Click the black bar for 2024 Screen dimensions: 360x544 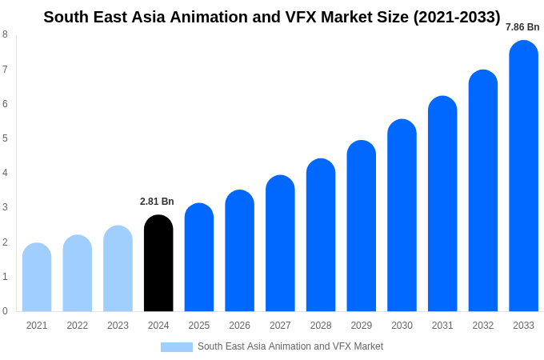tap(158, 264)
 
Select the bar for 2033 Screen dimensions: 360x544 tap(523, 176)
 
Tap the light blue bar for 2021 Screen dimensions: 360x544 tap(37, 278)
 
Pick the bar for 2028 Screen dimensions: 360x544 tap(321, 235)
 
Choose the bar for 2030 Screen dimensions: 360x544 tap(402, 216)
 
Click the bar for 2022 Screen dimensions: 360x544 tap(78, 274)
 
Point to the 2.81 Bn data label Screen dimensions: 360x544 tap(157, 202)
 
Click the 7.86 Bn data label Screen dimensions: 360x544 tap(522, 27)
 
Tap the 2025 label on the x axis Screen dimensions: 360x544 tap(199, 326)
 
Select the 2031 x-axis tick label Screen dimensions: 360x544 tap(442, 326)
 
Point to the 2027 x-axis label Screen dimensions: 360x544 tap(280, 326)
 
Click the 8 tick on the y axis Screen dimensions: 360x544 tap(5, 34)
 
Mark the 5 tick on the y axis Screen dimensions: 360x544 tap(5, 138)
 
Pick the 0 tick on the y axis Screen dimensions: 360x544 tap(5, 311)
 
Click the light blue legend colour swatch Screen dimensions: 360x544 tap(176, 347)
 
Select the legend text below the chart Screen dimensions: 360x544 tap(290, 346)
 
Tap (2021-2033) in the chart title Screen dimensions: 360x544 tap(456, 17)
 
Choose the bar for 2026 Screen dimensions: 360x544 tap(239, 251)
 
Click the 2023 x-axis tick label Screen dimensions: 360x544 tap(118, 326)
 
